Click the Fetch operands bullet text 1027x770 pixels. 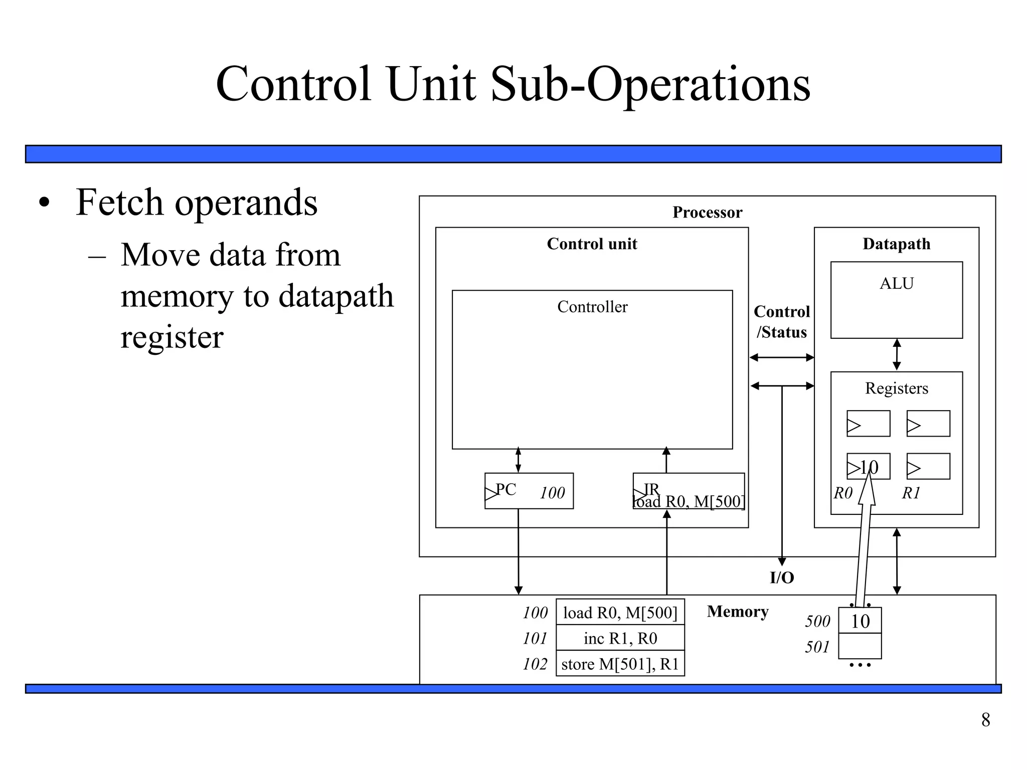pos(196,203)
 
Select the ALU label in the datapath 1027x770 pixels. pos(896,284)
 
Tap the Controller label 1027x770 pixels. pos(592,307)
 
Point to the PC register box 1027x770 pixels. pos(529,491)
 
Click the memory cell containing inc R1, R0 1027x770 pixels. pos(620,638)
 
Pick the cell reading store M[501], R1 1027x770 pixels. pos(620,664)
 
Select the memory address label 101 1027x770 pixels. pos(535,639)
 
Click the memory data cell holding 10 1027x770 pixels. pos(860,621)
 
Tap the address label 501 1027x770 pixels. pos(817,647)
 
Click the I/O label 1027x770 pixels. pos(781,578)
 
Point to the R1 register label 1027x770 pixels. pos(911,493)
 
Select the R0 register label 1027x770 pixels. pos(843,493)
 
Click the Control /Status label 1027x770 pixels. pos(781,322)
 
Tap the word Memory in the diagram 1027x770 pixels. pos(737,612)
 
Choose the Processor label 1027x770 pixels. pos(707,213)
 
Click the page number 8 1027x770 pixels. pos(985,720)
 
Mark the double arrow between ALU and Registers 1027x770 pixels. pos(897,355)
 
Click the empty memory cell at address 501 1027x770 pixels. pos(860,646)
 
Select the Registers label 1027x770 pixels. pos(896,389)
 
